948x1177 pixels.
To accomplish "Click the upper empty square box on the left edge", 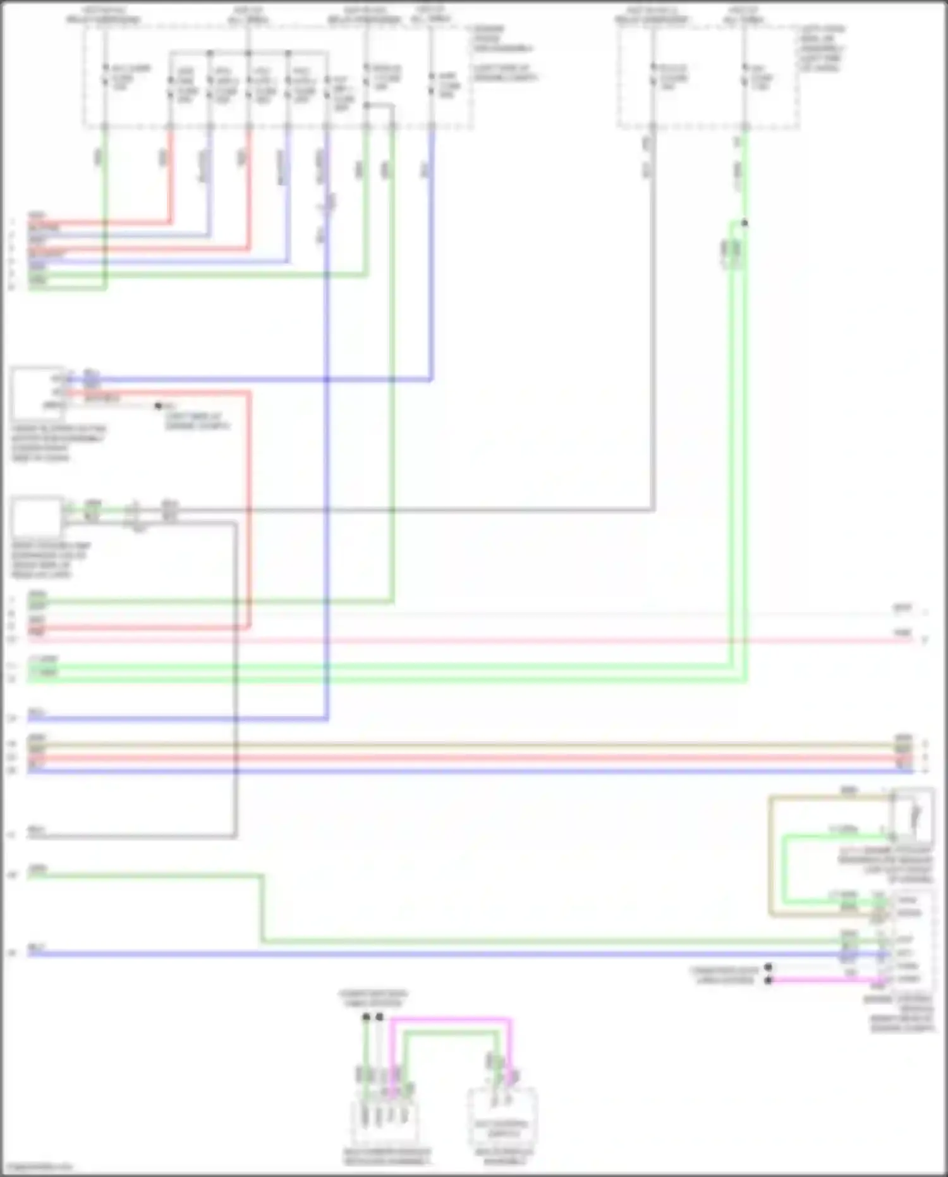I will click(37, 391).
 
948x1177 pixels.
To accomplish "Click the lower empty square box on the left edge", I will click(37, 517).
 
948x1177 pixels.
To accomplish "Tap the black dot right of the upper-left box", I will click(159, 405).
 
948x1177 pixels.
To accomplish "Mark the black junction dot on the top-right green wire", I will click(744, 223).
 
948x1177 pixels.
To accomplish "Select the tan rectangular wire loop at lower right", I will click(771, 854).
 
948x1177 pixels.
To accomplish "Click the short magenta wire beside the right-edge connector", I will click(822, 980).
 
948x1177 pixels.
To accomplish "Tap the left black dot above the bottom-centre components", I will click(366, 1017).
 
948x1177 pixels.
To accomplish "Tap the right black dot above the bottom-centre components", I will click(379, 1017).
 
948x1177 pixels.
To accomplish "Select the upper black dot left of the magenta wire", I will click(768, 967).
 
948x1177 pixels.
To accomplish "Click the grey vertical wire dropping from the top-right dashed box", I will click(653, 316).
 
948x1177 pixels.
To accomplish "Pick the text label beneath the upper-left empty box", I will click(57, 443).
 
